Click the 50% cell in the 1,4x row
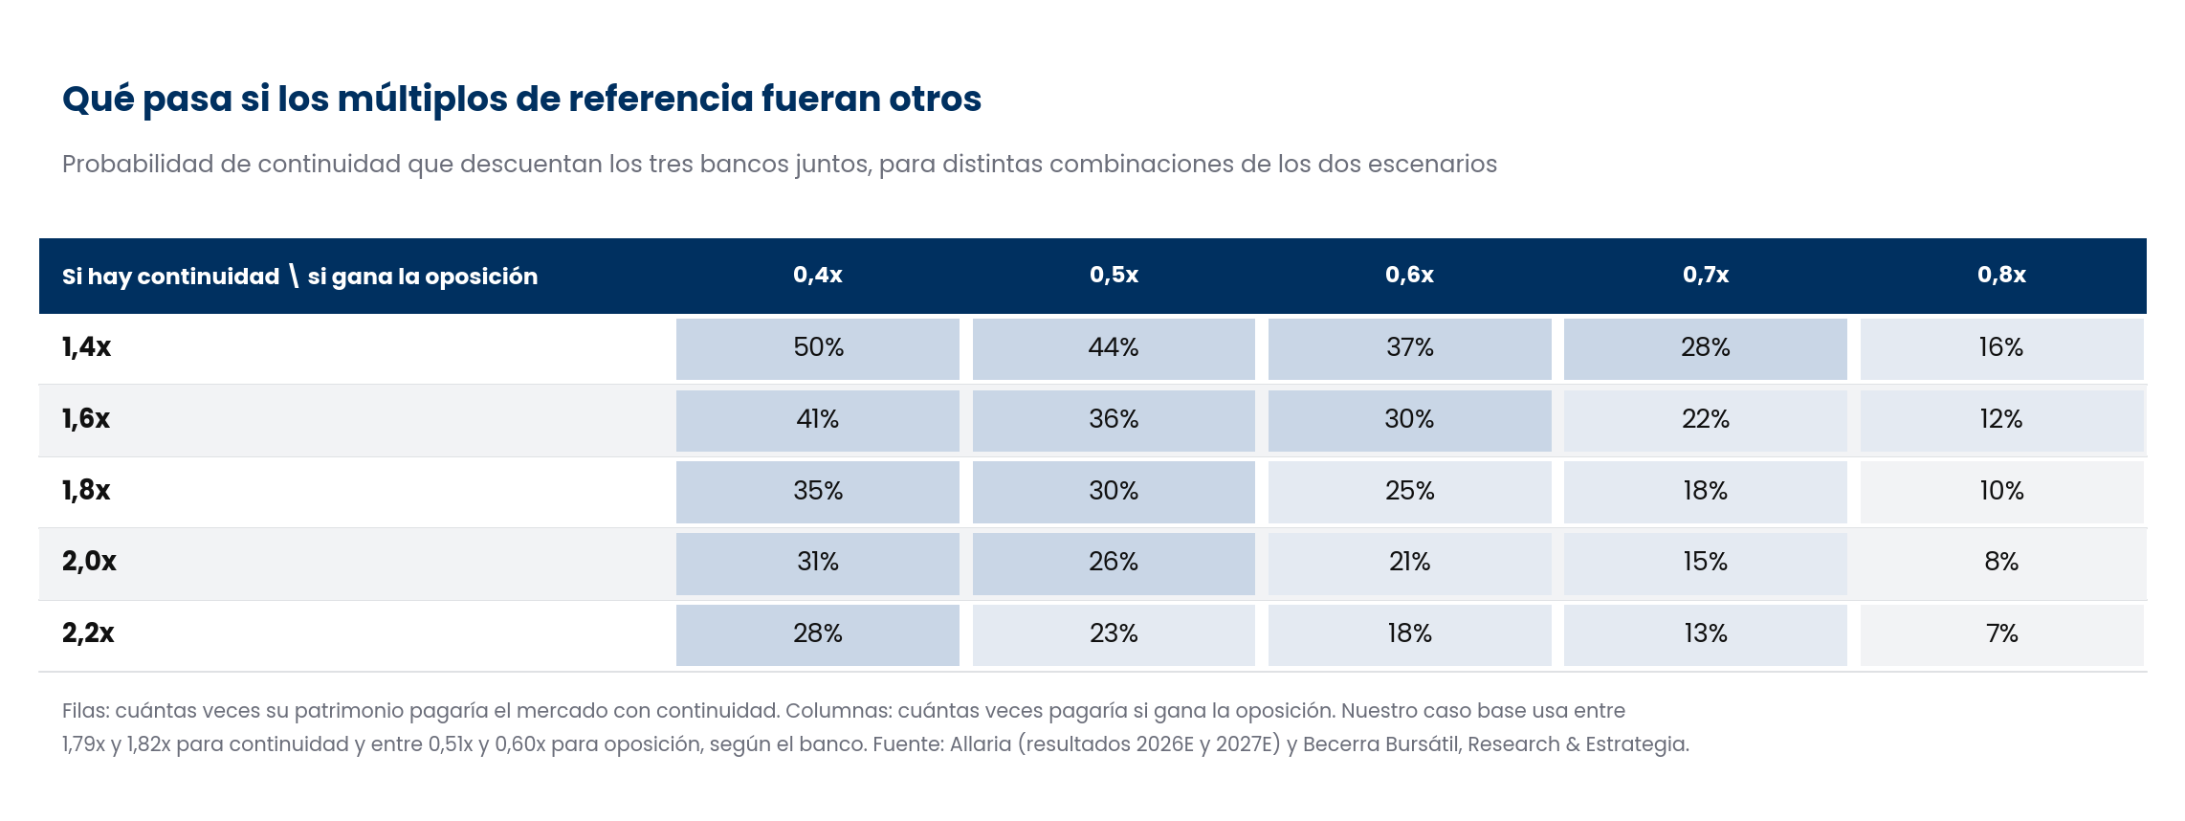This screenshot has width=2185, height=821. click(x=818, y=348)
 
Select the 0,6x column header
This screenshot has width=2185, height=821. click(x=1409, y=275)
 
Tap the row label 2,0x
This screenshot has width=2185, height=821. click(x=89, y=562)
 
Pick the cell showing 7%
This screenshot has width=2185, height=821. click(x=2001, y=634)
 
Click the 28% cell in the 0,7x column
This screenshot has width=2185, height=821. click(x=1705, y=348)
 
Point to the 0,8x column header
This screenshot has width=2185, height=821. click(x=2001, y=275)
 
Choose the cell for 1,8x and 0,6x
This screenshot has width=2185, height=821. click(x=1409, y=492)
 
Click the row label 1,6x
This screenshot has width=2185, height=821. click(x=86, y=419)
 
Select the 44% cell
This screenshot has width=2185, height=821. click(x=1114, y=348)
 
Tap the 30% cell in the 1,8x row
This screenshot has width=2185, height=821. click(x=1114, y=492)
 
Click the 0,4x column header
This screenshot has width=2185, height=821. click(x=818, y=275)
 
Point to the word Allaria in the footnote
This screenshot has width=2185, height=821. click(x=980, y=744)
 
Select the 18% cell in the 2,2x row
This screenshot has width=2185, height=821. click(x=1409, y=634)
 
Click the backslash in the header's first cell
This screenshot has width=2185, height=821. click(x=294, y=277)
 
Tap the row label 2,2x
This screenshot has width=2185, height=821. click(x=88, y=633)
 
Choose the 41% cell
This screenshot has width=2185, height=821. click(x=818, y=420)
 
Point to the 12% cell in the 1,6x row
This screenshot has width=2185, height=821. click(x=2001, y=420)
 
